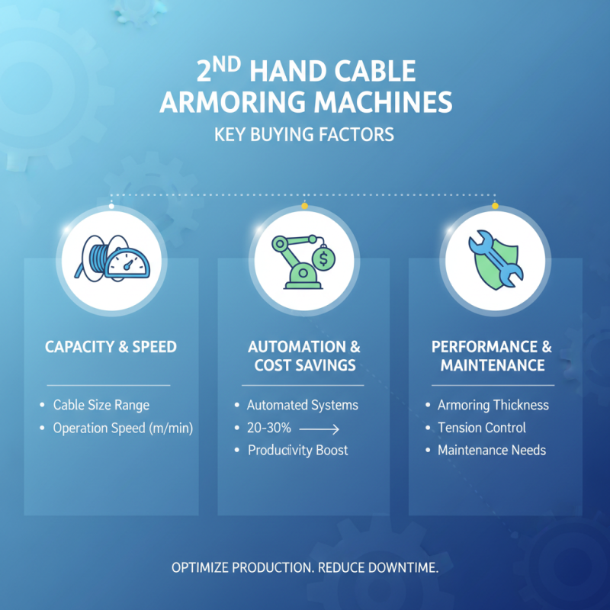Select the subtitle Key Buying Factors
(304, 135)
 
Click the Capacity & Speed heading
(111, 347)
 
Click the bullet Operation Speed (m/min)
(123, 428)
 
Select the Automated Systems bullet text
(302, 405)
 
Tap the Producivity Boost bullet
(297, 450)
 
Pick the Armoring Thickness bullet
(493, 405)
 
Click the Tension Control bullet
(481, 428)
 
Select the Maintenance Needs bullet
(491, 450)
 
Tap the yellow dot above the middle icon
(304, 206)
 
